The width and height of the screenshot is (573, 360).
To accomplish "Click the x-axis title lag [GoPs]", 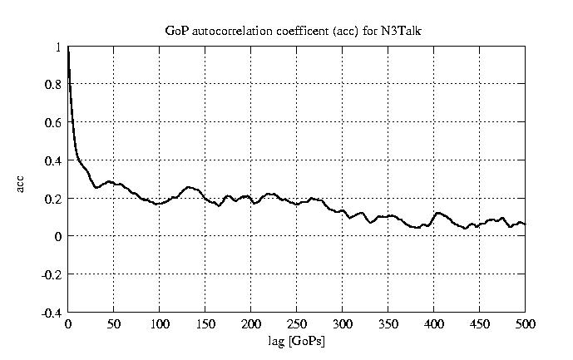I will (297, 342).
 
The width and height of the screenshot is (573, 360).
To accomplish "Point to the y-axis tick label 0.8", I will (53, 84).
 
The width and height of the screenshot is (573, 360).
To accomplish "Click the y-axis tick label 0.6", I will (53, 122).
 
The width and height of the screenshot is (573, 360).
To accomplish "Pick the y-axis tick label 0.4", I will (53, 160).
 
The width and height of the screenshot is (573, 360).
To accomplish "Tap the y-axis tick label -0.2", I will (52, 274).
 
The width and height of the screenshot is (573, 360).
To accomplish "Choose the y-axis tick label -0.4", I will (52, 313).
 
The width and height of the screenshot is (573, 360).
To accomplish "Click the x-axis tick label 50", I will (114, 323).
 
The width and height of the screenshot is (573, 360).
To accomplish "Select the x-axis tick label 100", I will (160, 323).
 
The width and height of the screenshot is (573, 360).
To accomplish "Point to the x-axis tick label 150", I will (205, 323).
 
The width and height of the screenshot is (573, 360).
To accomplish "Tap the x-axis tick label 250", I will (297, 323).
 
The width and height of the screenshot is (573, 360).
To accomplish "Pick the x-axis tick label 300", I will (343, 323).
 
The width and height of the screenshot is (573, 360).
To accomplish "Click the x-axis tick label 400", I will (433, 323).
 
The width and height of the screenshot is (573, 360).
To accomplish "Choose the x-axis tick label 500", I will (525, 323).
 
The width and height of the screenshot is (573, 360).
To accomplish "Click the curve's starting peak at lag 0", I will (68, 48).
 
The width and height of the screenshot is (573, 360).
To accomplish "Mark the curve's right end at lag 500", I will (525, 224).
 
